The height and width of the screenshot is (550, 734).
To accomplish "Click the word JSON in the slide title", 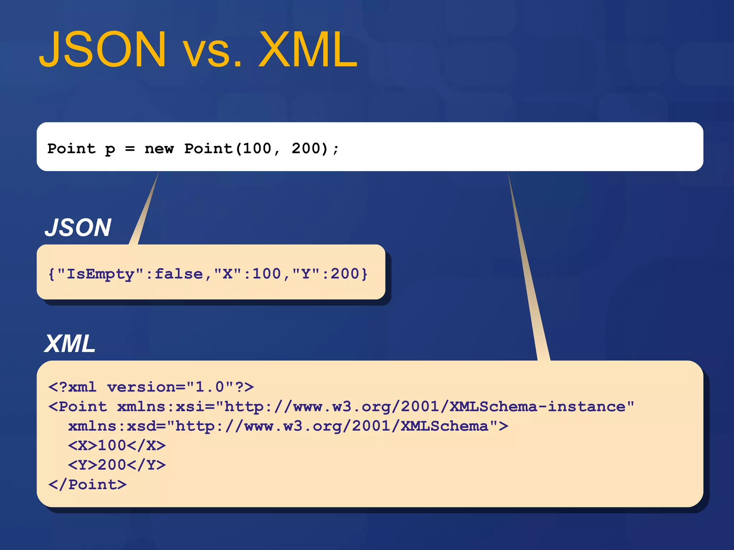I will point(103,49).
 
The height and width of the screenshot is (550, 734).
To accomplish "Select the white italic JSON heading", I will point(78,228).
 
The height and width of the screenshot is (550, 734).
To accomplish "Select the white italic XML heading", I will point(70,344).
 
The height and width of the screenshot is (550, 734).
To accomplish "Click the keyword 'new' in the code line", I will point(159,149).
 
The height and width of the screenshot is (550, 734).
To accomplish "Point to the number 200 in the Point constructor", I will point(305,149).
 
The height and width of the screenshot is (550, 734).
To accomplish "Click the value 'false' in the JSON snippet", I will point(178,274).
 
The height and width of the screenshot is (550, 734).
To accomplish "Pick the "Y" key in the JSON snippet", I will point(306,274).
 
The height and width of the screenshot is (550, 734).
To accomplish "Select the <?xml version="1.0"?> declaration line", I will point(151,387).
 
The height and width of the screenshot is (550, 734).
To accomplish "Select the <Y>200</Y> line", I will point(117,465).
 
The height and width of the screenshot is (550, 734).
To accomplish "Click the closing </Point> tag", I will point(87,484).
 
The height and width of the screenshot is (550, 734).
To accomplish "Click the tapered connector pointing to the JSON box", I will point(145,211).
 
